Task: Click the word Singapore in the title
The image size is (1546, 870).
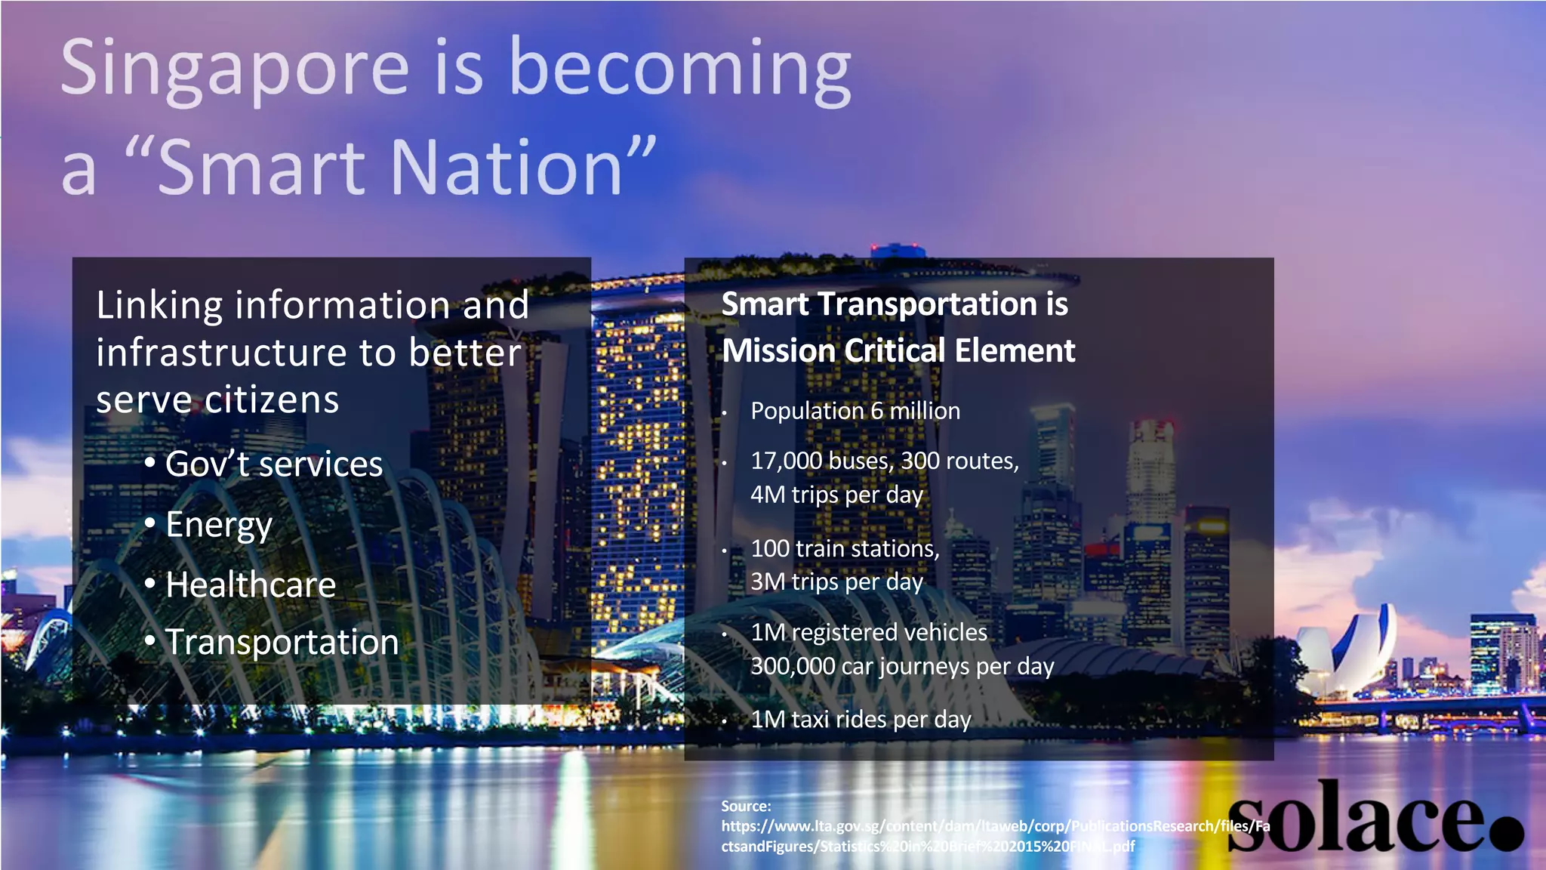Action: click(235, 69)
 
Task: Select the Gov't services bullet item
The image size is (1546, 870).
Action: click(273, 464)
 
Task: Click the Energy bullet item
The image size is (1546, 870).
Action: click(218, 525)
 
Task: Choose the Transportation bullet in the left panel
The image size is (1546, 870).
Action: click(282, 643)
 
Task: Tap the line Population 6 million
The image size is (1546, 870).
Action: click(855, 411)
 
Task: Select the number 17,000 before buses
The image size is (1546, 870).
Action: click(781, 461)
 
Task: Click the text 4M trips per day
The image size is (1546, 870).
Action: click(836, 495)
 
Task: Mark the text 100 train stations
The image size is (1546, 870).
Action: click(844, 548)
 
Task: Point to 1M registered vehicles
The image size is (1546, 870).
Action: click(868, 632)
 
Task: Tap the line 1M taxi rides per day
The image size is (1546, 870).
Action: click(861, 720)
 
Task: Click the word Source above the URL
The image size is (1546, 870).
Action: click(745, 806)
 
